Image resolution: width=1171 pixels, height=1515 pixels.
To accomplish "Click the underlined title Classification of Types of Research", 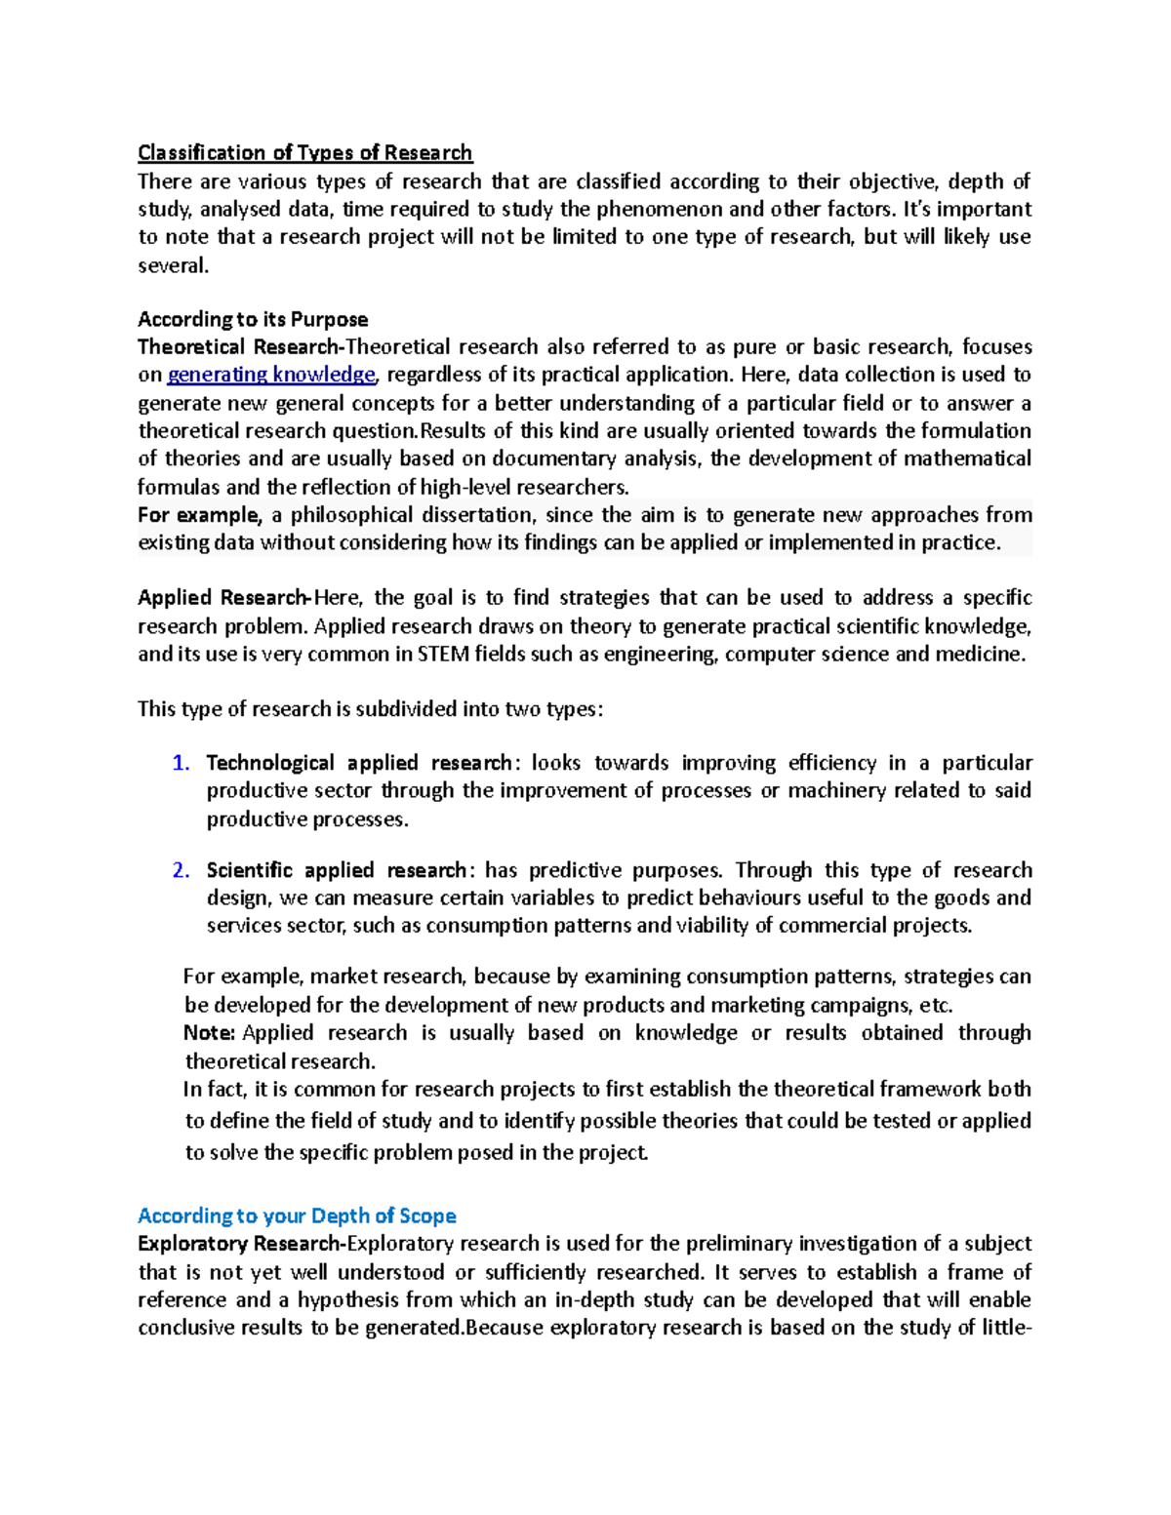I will (x=304, y=152).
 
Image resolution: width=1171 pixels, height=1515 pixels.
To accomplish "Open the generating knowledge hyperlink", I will (x=271, y=375).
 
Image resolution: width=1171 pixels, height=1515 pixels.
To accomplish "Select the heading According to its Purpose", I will (x=253, y=319).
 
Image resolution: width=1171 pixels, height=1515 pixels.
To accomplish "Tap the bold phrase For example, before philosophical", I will (x=199, y=515).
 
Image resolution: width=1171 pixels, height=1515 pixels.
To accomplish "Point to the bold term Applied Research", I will (x=223, y=598).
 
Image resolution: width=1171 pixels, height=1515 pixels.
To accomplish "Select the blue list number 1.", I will (x=180, y=763).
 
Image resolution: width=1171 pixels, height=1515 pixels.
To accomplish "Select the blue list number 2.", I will (x=180, y=870).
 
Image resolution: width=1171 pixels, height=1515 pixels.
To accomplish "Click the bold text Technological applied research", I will (x=359, y=763).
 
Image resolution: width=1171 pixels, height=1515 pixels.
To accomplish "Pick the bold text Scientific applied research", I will (x=337, y=870).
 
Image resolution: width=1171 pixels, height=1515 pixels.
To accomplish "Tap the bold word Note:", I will (x=210, y=1033).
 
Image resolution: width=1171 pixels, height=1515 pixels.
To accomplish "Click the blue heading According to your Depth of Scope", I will (x=297, y=1216).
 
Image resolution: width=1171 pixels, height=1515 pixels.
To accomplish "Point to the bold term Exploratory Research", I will (x=239, y=1244).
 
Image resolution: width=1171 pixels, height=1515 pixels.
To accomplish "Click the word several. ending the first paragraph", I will (x=173, y=265).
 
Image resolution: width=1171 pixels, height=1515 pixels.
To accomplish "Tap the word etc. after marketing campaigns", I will (x=936, y=1006).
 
